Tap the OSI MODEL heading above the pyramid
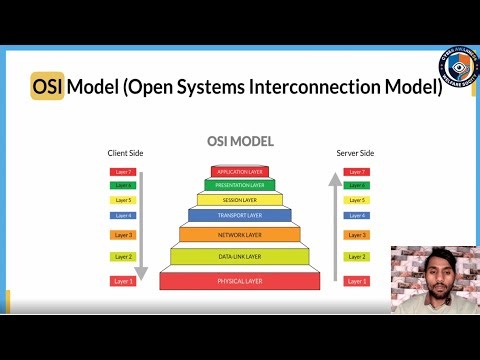coord(240,142)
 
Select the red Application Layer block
coord(240,171)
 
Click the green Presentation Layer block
coord(240,185)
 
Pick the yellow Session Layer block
coord(240,200)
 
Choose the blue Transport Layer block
coord(240,215)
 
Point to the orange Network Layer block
coord(240,234)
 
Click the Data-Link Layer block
coord(240,257)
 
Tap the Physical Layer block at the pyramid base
coord(240,280)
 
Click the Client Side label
coord(125,153)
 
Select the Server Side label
coord(354,153)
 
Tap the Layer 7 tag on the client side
coord(122,172)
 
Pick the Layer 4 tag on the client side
coord(122,215)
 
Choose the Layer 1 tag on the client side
coord(122,281)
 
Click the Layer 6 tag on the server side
coord(355,185)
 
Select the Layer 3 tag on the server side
coord(355,235)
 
